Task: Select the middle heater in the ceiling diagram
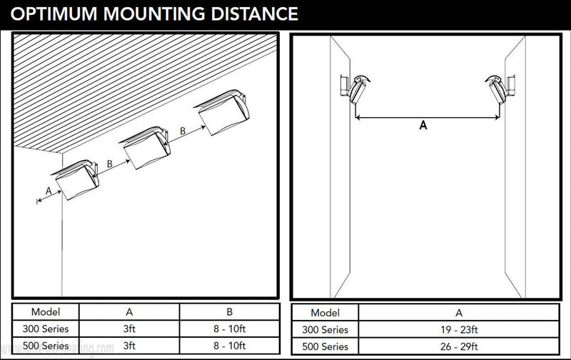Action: pyautogui.click(x=146, y=146)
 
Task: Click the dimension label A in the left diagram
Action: pyautogui.click(x=48, y=191)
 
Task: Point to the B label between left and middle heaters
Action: pyautogui.click(x=109, y=163)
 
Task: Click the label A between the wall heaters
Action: pyautogui.click(x=423, y=125)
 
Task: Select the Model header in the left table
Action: pyautogui.click(x=46, y=311)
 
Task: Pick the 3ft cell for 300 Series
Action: pyautogui.click(x=128, y=329)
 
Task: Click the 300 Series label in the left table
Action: pyautogui.click(x=46, y=329)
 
